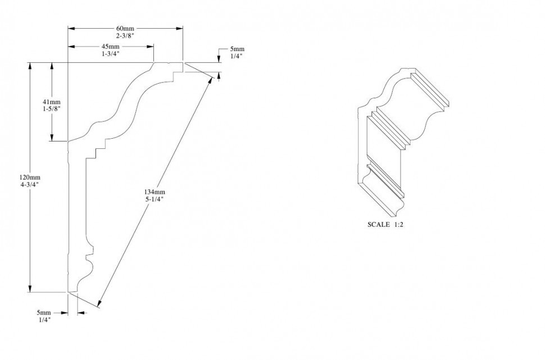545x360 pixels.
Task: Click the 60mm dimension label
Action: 125,29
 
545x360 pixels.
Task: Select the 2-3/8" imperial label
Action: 125,36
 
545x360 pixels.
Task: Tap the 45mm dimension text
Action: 110,46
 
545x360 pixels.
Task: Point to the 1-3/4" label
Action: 110,53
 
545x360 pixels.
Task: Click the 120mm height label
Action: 28,177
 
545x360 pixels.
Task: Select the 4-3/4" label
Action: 28,184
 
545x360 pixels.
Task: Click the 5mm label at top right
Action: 237,49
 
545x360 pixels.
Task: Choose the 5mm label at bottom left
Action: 44,312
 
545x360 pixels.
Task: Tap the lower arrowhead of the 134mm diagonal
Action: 99,304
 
